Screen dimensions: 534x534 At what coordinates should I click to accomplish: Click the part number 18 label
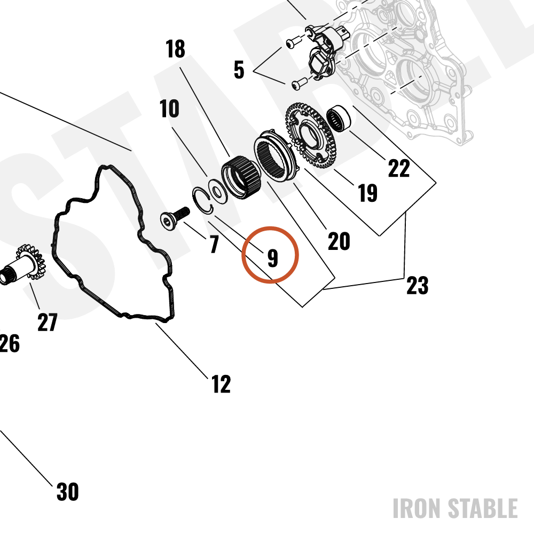click(175, 49)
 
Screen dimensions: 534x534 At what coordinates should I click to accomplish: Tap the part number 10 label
click(169, 108)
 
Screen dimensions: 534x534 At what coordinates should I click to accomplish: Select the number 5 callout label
click(239, 70)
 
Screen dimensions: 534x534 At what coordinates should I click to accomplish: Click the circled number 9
click(273, 258)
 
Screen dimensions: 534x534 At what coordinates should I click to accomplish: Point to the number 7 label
click(214, 244)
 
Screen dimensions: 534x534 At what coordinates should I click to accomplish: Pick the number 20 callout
click(339, 241)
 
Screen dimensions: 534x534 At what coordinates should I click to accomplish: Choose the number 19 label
click(368, 193)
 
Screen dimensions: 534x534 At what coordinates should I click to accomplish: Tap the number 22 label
click(399, 168)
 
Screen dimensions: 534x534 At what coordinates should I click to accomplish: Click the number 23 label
click(418, 285)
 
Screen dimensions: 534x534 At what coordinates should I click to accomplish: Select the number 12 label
click(221, 384)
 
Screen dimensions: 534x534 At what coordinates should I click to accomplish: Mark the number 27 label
click(48, 322)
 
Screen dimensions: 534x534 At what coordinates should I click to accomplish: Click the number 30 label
click(67, 492)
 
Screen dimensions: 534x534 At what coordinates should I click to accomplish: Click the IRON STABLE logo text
click(456, 508)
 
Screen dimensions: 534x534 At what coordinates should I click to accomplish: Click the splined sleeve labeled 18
click(241, 177)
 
